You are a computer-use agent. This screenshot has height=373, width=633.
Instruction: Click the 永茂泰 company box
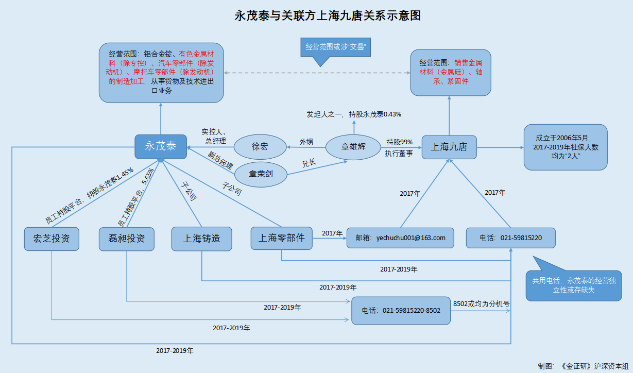pos(161,147)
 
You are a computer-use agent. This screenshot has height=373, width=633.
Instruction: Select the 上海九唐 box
pos(449,147)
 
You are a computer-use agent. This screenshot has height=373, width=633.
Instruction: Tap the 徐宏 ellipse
pos(260,147)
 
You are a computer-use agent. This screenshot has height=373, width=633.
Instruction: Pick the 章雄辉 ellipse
pos(353,147)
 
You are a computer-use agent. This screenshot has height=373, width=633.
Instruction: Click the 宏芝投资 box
pos(52,239)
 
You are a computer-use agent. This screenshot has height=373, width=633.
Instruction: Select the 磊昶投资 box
pos(127,239)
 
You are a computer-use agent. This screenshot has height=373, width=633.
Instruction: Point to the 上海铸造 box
pos(201,239)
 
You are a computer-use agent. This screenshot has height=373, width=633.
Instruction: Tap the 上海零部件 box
pos(281,239)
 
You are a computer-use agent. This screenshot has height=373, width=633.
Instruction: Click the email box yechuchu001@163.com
pos(400,238)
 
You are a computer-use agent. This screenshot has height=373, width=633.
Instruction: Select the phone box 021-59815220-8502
pos(400,311)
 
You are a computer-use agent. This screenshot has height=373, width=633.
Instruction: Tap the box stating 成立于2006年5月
pos(565,147)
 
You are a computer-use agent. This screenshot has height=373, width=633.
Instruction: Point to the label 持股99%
pos(399,142)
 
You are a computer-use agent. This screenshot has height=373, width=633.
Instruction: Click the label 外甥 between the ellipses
pos(306,142)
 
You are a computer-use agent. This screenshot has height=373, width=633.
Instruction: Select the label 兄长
pos(309,164)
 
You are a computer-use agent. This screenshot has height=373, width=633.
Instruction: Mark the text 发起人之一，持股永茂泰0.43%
pos(354,114)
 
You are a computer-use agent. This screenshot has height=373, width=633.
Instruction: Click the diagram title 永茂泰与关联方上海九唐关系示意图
pos(328,15)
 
